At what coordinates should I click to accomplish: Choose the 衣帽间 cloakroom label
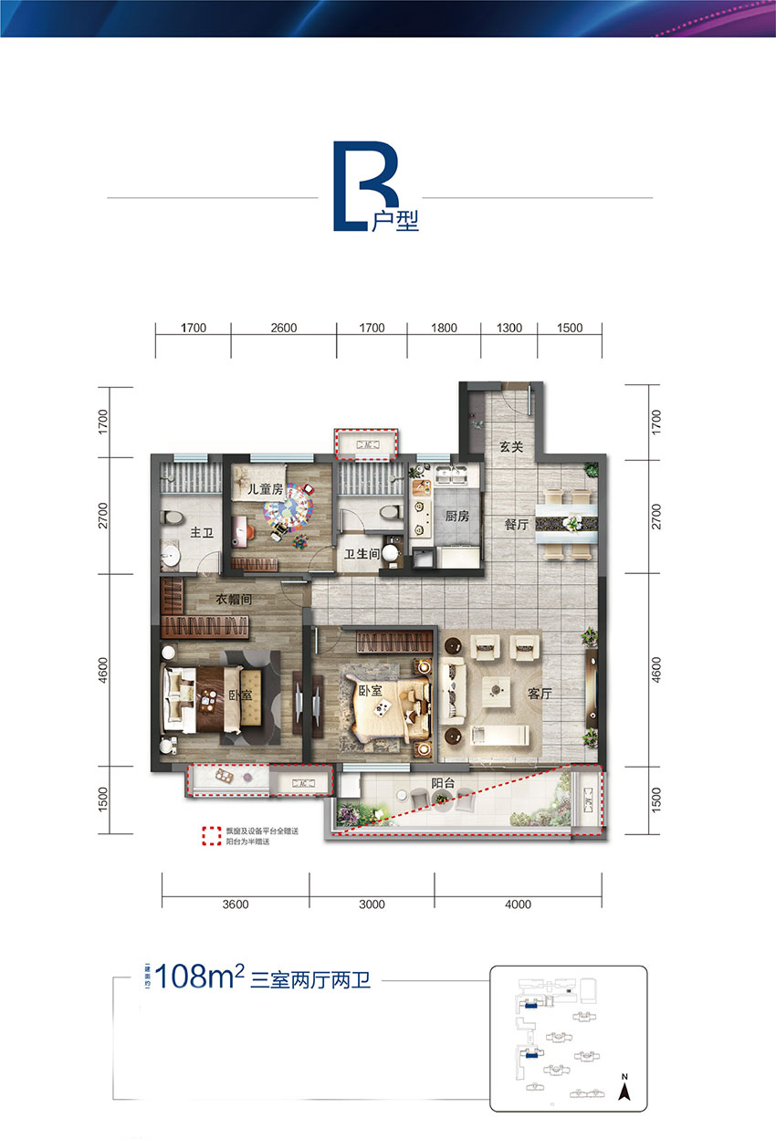tap(235, 600)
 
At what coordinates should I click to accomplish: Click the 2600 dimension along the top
tap(283, 329)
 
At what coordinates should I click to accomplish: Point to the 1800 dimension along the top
tap(442, 329)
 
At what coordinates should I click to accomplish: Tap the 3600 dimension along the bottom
tap(235, 904)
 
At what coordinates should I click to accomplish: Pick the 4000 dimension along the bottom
tap(517, 904)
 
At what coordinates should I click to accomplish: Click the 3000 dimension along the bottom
tap(372, 904)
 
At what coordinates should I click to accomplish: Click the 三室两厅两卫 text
tap(309, 982)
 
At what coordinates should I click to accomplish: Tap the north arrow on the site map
tap(625, 1090)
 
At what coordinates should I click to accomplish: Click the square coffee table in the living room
tap(498, 691)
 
